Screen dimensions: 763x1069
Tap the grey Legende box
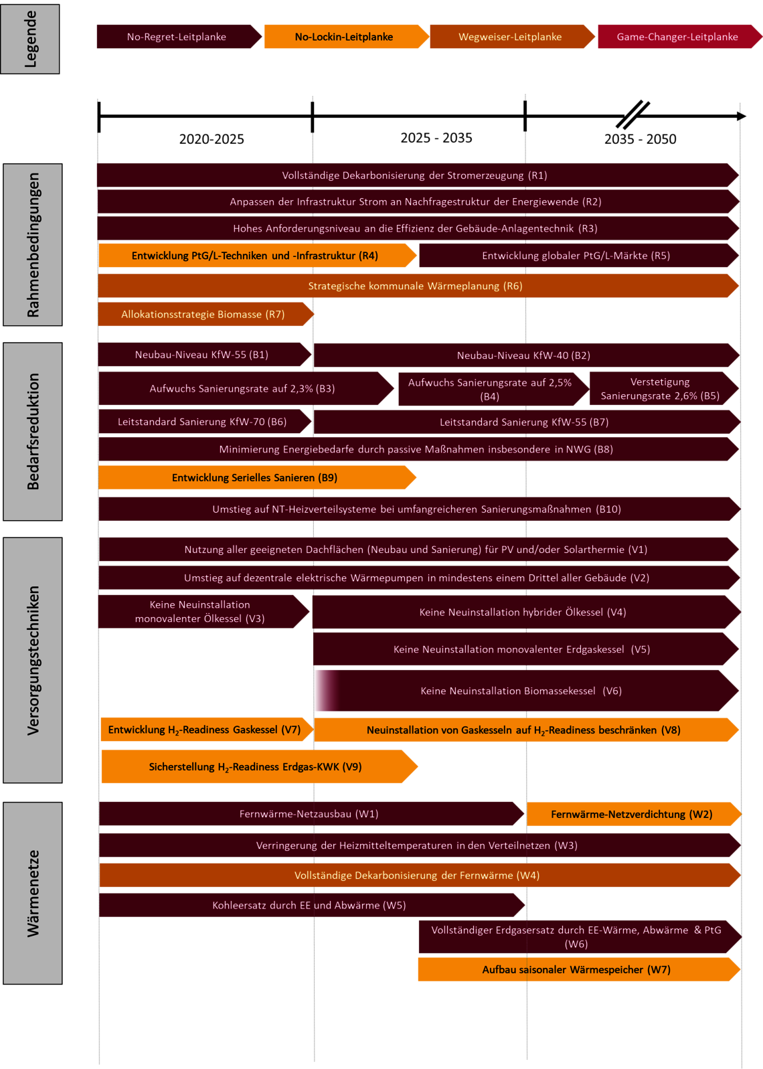[x=30, y=39]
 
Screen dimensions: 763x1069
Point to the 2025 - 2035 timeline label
[x=436, y=138]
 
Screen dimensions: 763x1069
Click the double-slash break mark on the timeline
[x=632, y=114]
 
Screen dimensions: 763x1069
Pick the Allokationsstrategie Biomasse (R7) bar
[x=205, y=314]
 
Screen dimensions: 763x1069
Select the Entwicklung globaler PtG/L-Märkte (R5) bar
[x=579, y=255]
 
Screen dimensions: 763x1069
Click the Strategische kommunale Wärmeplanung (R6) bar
[x=418, y=286]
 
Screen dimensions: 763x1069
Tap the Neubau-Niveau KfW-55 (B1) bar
[x=205, y=355]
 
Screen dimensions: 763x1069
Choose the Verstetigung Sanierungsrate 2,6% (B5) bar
[x=664, y=388]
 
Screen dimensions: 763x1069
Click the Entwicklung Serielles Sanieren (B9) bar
[x=257, y=478]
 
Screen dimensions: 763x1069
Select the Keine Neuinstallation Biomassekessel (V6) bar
[x=526, y=691]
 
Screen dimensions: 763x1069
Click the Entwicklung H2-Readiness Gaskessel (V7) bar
[x=207, y=729]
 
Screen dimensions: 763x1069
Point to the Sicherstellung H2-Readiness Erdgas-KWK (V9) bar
[x=260, y=766]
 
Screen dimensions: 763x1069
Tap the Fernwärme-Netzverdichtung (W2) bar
[x=634, y=814]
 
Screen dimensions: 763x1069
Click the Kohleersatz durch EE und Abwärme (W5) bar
[x=312, y=905]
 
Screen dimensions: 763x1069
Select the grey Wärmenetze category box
[x=32, y=893]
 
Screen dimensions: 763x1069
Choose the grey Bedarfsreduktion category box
[x=32, y=432]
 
